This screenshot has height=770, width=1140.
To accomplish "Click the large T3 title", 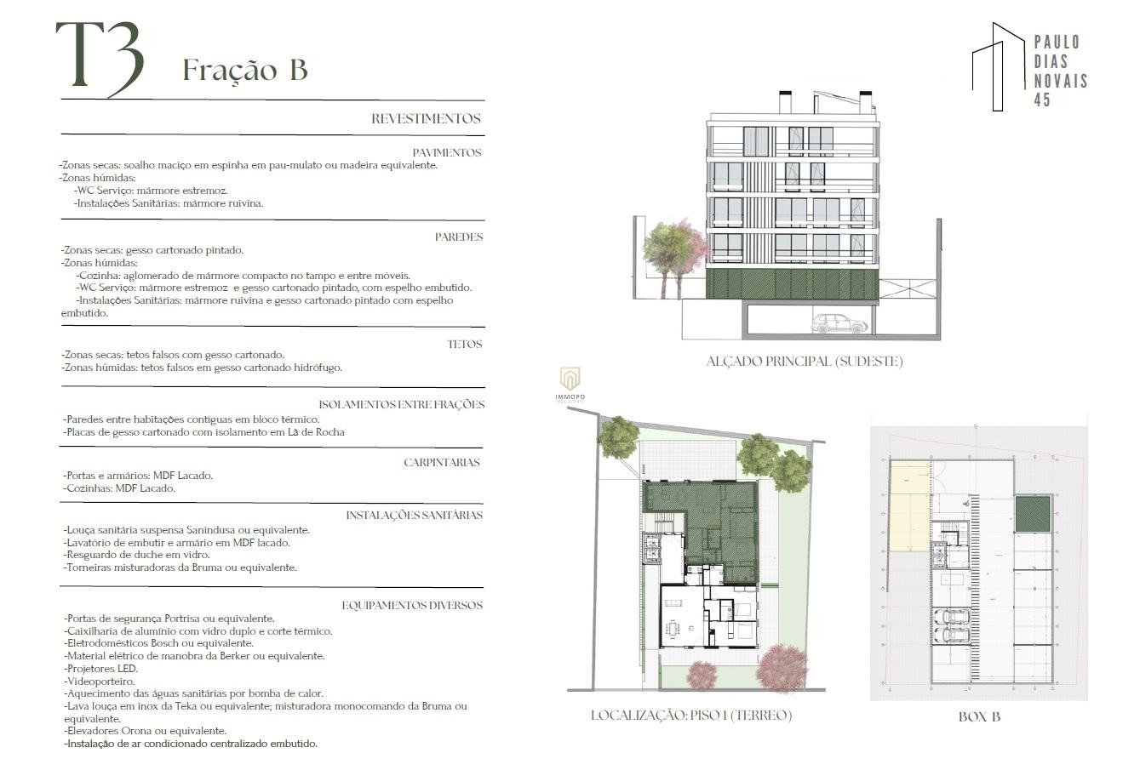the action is [x=100, y=59].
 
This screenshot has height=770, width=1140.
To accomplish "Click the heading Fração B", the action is [x=245, y=70].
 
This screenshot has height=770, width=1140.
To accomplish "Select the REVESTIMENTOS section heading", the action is [x=426, y=118].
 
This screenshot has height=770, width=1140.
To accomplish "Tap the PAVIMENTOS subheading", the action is [x=446, y=152].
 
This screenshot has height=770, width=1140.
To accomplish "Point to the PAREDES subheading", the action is [x=459, y=237].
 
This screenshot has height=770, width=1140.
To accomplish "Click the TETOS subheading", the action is [x=464, y=345].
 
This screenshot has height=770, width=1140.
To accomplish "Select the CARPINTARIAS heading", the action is [x=442, y=462].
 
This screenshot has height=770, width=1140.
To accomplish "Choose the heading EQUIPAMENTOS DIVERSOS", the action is [x=412, y=605].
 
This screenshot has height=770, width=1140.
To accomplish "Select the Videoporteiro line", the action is [x=100, y=682].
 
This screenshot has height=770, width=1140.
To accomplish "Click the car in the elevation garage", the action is [x=839, y=324].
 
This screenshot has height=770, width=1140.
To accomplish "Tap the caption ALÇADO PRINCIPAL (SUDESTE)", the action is [x=804, y=362].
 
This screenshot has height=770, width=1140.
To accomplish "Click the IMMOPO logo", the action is [x=570, y=385].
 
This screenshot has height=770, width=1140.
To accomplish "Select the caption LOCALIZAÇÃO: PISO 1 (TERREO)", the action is [x=691, y=716].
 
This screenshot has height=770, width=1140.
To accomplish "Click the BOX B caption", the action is [x=979, y=717].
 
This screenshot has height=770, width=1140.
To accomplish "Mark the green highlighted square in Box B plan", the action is [x=1033, y=514].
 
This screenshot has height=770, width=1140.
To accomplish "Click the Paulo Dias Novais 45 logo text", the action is [x=1061, y=71].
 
